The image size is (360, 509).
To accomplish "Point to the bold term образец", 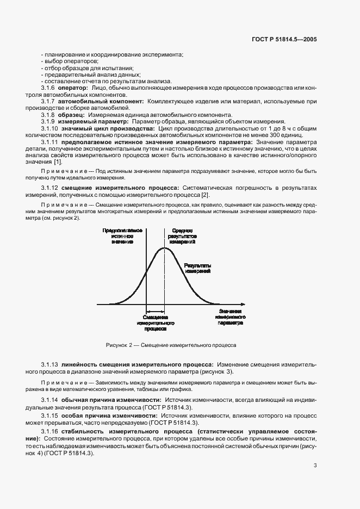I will [72, 115].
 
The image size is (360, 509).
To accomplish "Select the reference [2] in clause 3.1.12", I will [204, 195].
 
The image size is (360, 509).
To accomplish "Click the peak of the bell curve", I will [164, 248].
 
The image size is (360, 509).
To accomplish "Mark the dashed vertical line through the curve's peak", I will [164, 283].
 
